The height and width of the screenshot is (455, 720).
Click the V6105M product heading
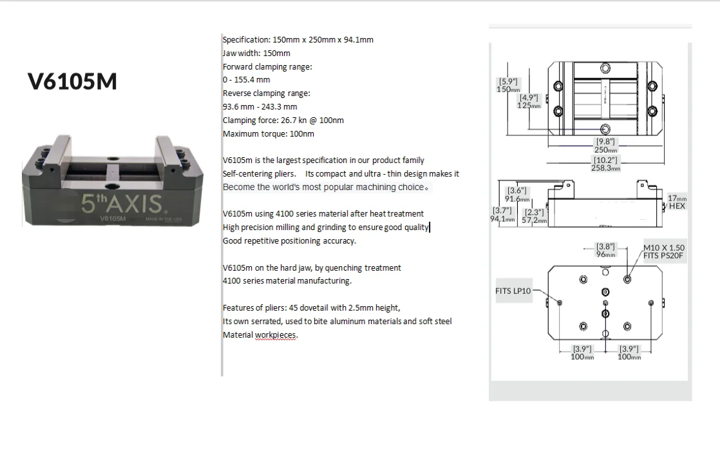click(73, 82)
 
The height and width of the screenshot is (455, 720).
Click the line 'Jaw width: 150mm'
click(256, 53)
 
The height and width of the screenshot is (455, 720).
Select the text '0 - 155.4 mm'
click(247, 80)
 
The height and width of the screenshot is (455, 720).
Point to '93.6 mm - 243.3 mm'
click(260, 107)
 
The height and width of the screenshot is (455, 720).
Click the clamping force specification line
click(283, 121)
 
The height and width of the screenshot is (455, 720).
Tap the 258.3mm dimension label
click(607, 168)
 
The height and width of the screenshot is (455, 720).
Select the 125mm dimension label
click(530, 105)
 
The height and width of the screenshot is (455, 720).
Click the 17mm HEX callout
click(677, 202)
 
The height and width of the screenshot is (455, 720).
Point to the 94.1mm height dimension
click(503, 219)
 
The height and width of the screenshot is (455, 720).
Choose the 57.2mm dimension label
click(534, 220)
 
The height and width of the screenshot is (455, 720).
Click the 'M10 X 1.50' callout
click(664, 247)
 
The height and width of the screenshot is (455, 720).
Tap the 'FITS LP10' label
click(513, 291)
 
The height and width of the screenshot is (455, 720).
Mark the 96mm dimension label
click(606, 254)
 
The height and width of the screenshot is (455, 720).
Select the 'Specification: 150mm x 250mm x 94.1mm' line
click(298, 39)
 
